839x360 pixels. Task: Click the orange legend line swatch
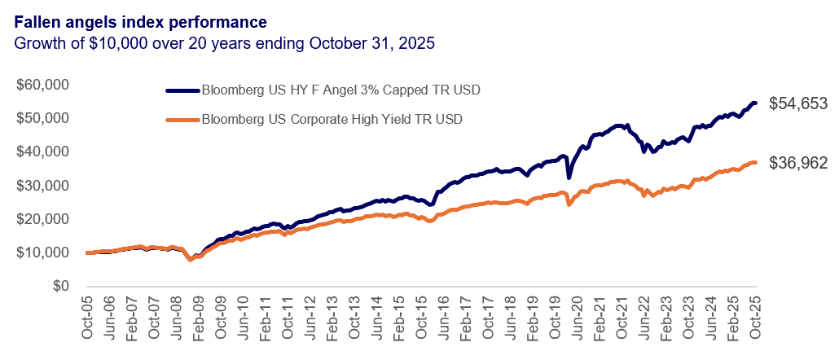click(x=181, y=120)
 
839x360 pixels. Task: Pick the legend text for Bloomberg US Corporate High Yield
click(x=332, y=120)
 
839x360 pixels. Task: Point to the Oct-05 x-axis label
click(x=88, y=313)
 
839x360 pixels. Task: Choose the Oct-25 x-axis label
click(x=753, y=313)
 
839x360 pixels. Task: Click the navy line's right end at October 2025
click(x=755, y=103)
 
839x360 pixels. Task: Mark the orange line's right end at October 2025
click(x=755, y=163)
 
